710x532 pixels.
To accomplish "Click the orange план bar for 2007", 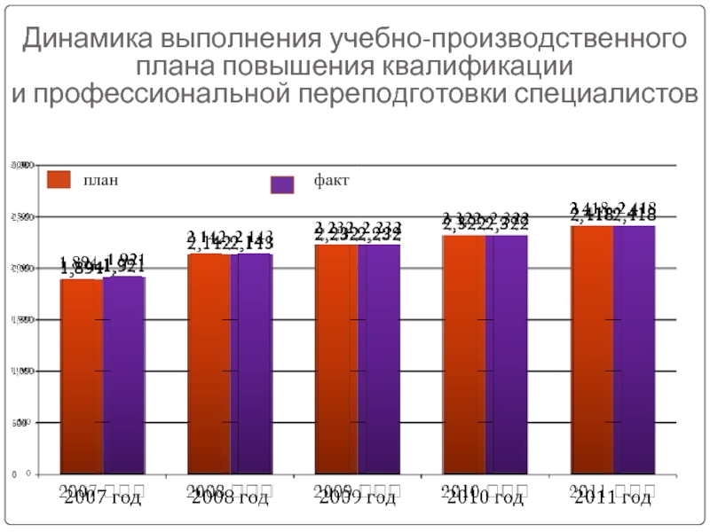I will pos(82,376).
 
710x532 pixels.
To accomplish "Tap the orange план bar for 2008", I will pos(209,364).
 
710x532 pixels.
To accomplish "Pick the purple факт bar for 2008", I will pos(251,364).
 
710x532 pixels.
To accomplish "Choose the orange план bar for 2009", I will pos(336,359).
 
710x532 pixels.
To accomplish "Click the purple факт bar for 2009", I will pos(379,359).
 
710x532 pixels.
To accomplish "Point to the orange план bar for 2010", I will pos(464,355).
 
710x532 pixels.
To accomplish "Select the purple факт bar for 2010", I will pos(506,355).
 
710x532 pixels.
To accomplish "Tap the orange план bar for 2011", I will pos(592,350).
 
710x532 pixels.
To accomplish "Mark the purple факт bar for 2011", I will pos(634,350).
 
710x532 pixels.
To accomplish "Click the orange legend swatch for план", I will pos(59,181).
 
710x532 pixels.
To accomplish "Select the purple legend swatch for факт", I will pos(282,184).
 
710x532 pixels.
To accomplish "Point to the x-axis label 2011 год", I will pos(612,497).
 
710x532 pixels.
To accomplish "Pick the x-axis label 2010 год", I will pos(485,497).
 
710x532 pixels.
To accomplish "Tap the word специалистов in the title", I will pos(606,93).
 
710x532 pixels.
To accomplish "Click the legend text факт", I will pos(331,181).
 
